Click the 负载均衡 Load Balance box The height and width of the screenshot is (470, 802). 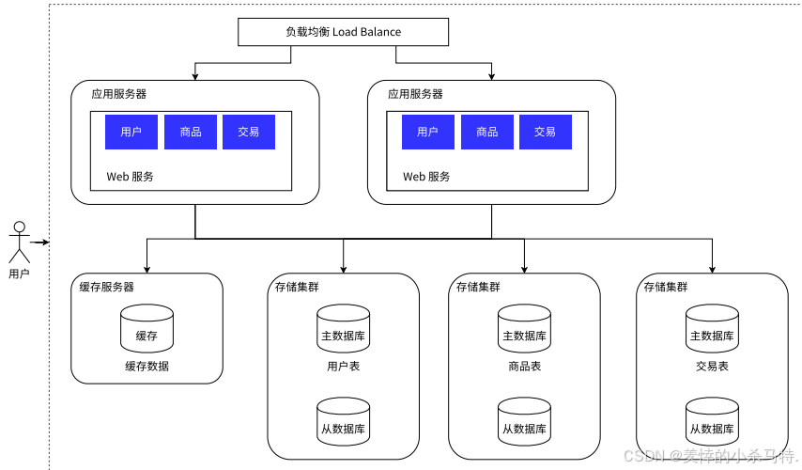343,32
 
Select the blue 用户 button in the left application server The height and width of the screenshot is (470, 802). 131,133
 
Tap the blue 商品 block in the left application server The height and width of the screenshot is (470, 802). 191,133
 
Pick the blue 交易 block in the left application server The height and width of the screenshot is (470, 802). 249,133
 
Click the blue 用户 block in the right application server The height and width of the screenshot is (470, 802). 427,133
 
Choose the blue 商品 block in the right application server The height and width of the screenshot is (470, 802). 486,133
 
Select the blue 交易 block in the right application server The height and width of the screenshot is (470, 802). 545,133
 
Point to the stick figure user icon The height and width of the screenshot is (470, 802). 19,242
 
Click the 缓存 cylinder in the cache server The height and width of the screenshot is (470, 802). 147,331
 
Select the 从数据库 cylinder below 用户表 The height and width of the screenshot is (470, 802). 343,423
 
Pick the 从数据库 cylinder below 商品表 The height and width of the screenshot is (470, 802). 523,423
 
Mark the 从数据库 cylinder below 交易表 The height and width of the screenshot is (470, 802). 712,423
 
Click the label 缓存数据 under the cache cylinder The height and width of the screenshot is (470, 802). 147,367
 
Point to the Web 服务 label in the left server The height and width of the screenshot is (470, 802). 130,177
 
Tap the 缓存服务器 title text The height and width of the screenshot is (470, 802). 107,287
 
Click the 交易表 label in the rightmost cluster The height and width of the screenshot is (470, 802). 712,367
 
